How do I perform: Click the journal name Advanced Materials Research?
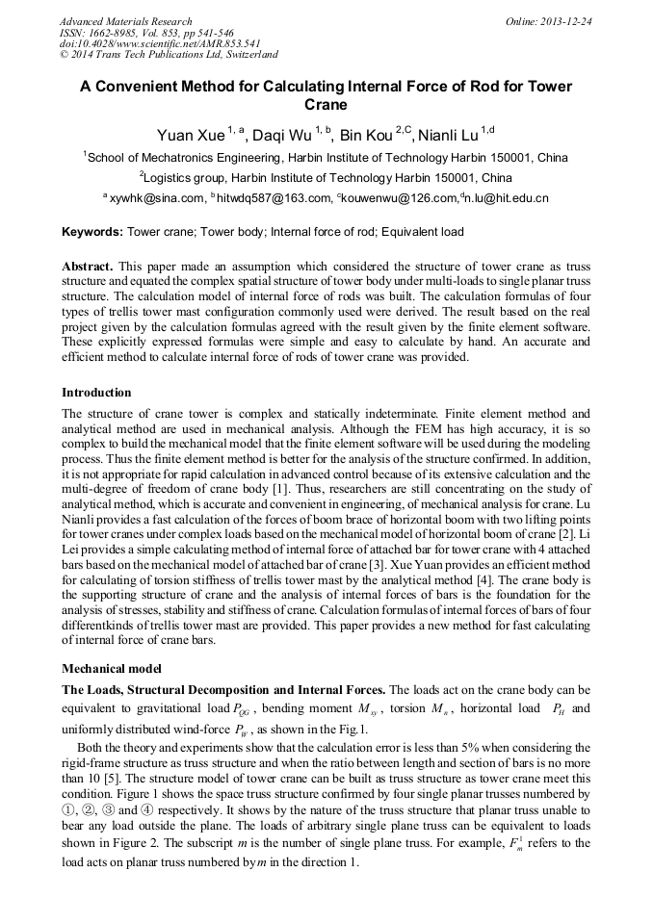point(125,21)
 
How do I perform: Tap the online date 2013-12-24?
point(566,21)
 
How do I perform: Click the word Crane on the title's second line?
point(326,105)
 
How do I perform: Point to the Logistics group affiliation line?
point(326,178)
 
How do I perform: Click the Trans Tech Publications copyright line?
point(169,56)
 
